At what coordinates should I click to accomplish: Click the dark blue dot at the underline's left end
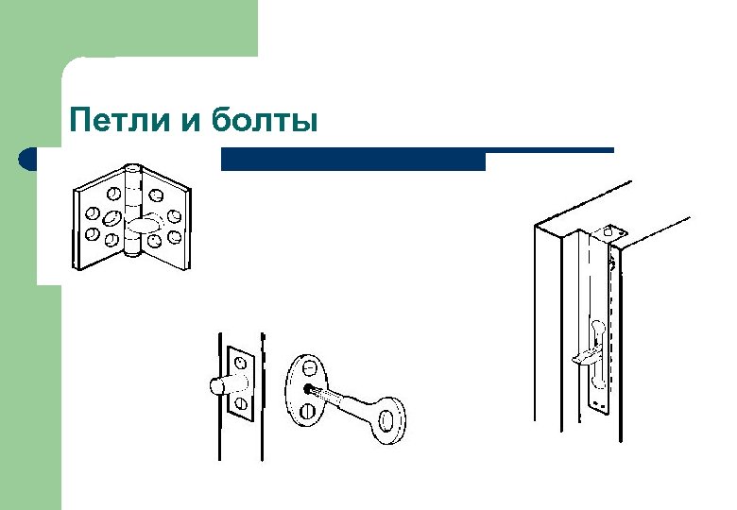tap(28, 159)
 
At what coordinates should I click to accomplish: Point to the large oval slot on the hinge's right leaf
tap(146, 225)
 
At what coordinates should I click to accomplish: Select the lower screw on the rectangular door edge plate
tap(241, 404)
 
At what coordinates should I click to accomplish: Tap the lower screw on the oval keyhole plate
tap(307, 411)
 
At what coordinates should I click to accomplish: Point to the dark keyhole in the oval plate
tap(311, 388)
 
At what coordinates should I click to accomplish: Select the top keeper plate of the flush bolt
tap(609, 230)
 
